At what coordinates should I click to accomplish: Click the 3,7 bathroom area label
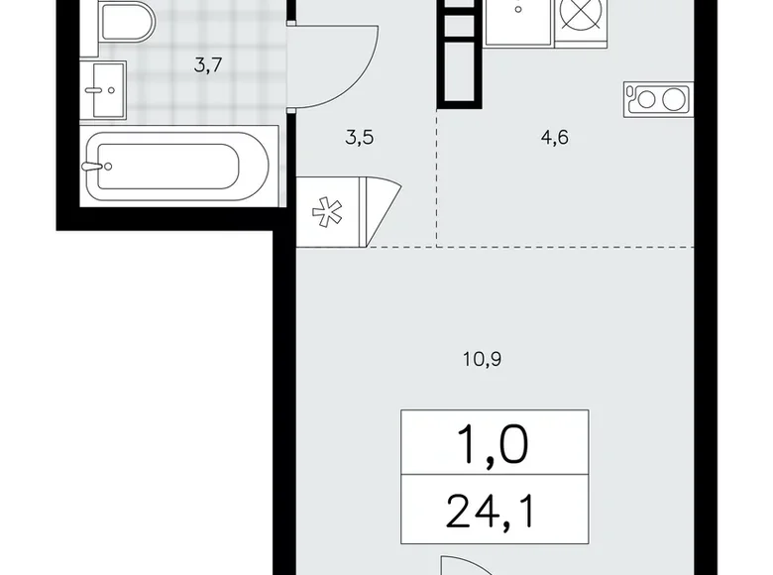coord(208,64)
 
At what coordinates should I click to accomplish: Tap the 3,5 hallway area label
coord(360,138)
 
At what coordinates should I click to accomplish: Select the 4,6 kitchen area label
coord(555,138)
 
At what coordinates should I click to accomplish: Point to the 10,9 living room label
coord(482,359)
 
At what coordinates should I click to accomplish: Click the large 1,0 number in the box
coord(493,444)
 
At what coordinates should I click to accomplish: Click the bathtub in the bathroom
coord(177,167)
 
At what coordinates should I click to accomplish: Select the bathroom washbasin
coord(103,90)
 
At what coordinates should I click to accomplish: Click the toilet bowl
coord(127,21)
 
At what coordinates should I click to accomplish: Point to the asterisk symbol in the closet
coord(327,212)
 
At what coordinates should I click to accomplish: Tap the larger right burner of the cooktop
coord(674,99)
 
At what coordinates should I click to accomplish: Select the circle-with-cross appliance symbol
coord(581,21)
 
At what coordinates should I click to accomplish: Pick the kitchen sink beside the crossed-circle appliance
coord(518,22)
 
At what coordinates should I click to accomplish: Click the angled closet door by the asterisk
coord(384,212)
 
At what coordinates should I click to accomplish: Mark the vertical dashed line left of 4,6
coord(437,178)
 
